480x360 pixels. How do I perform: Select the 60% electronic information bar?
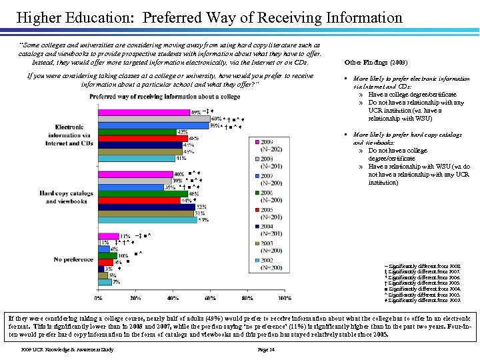[x=153, y=119]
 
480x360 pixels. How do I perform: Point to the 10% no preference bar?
[x=107, y=255]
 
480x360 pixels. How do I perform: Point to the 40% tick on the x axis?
[x=172, y=297]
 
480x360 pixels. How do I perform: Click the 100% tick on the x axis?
[x=284, y=297]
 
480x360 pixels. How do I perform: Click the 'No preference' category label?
[x=73, y=259]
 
